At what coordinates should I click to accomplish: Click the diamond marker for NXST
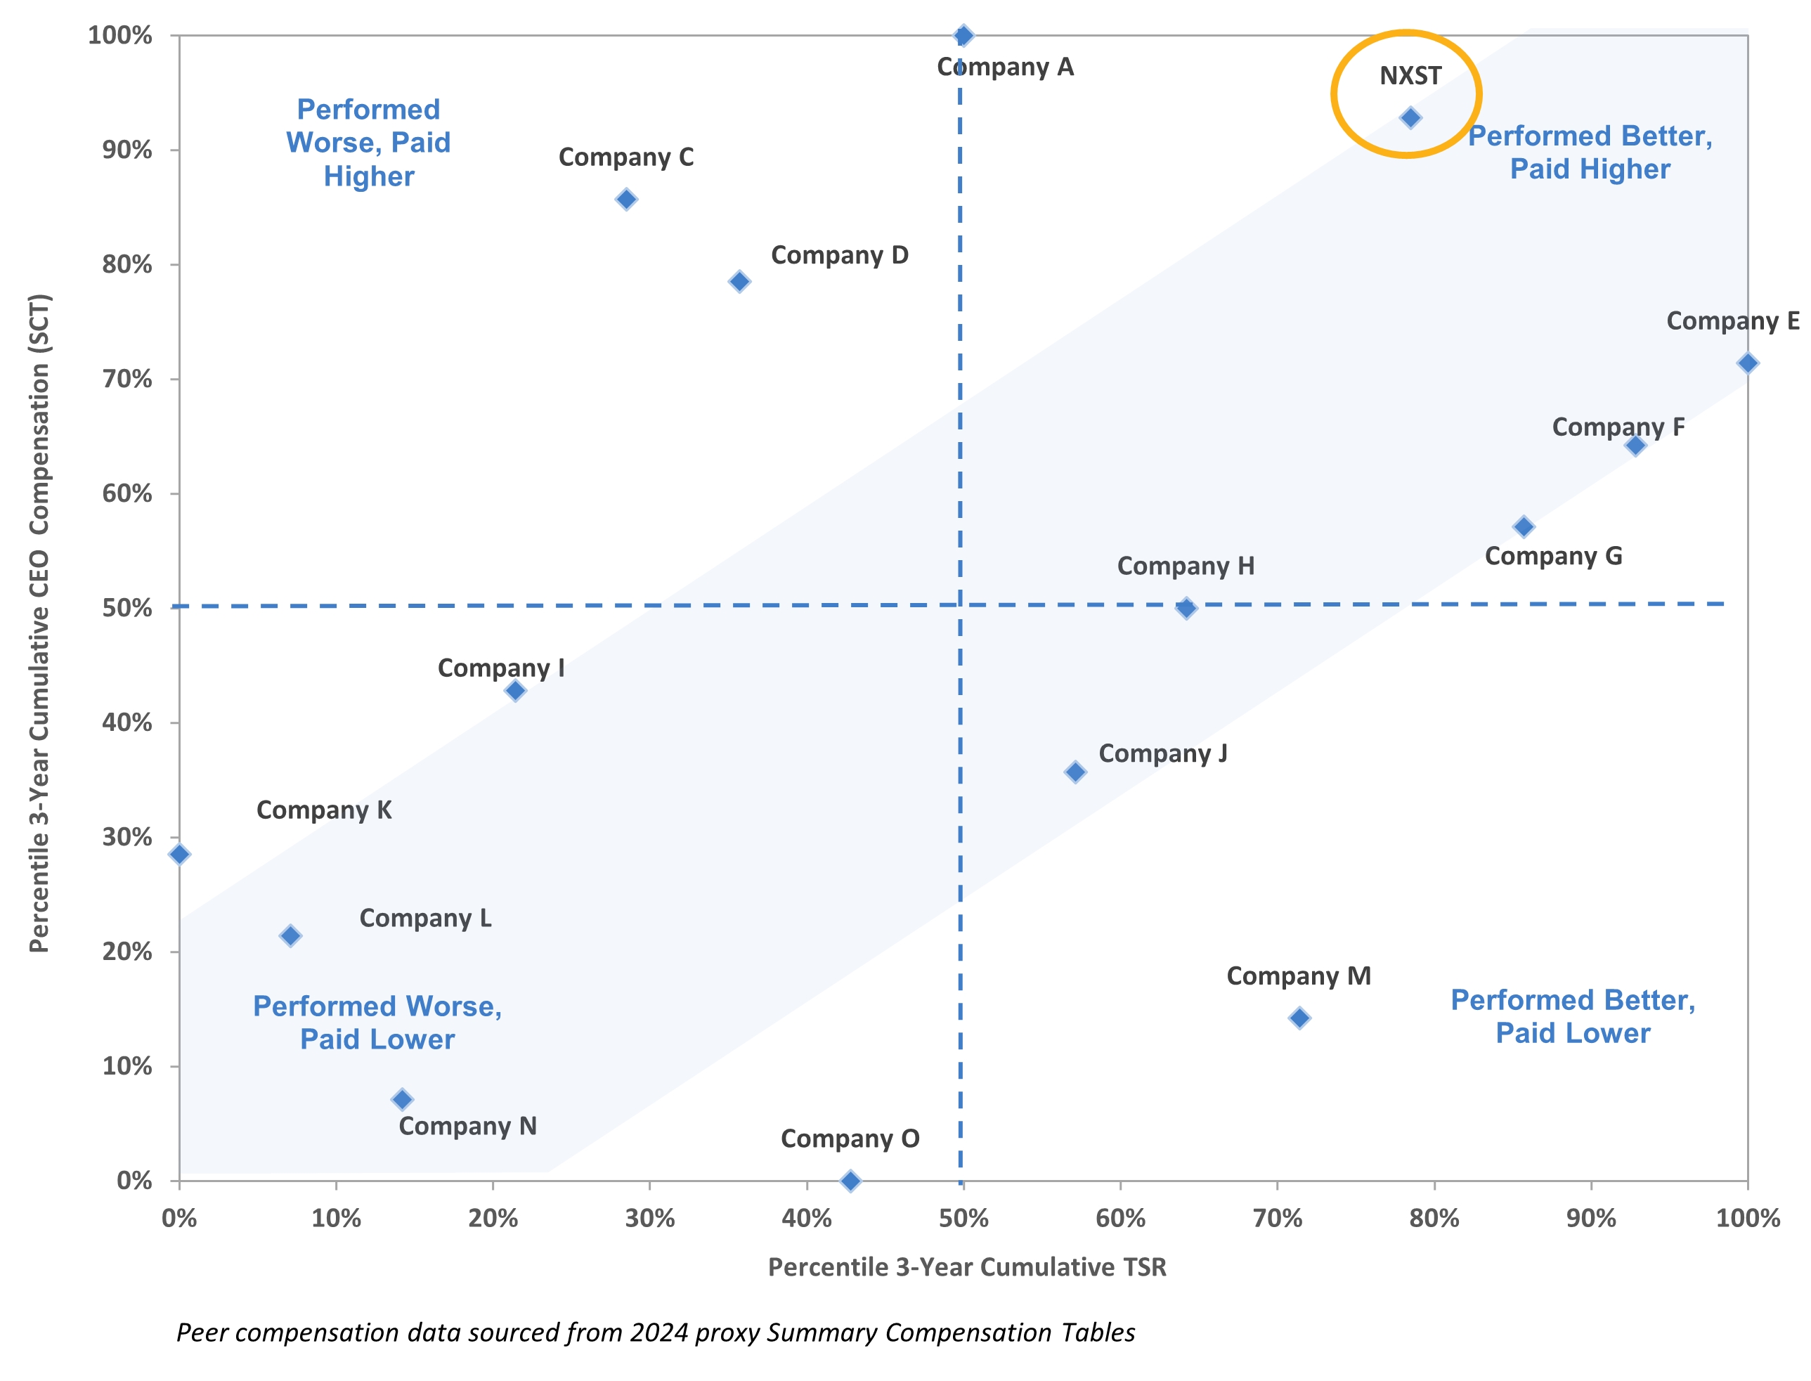pos(1410,117)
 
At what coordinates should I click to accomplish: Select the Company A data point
pos(963,35)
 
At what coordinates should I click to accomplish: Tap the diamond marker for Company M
pos(1299,1018)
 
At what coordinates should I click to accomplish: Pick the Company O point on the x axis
pos(851,1181)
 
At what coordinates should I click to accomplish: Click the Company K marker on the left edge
pos(179,854)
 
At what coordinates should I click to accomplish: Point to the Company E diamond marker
pos(1747,363)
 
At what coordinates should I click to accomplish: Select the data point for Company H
pos(1186,609)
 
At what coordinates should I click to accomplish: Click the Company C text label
pos(625,157)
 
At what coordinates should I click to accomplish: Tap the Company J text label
pos(1162,754)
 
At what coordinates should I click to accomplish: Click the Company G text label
pos(1553,557)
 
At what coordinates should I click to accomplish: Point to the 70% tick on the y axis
pos(126,379)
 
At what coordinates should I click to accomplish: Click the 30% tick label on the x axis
pos(649,1218)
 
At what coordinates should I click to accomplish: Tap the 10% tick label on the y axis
pos(126,1066)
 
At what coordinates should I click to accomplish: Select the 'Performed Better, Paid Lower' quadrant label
pos(1572,1016)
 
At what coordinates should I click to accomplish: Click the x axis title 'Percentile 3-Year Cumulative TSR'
pos(967,1266)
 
